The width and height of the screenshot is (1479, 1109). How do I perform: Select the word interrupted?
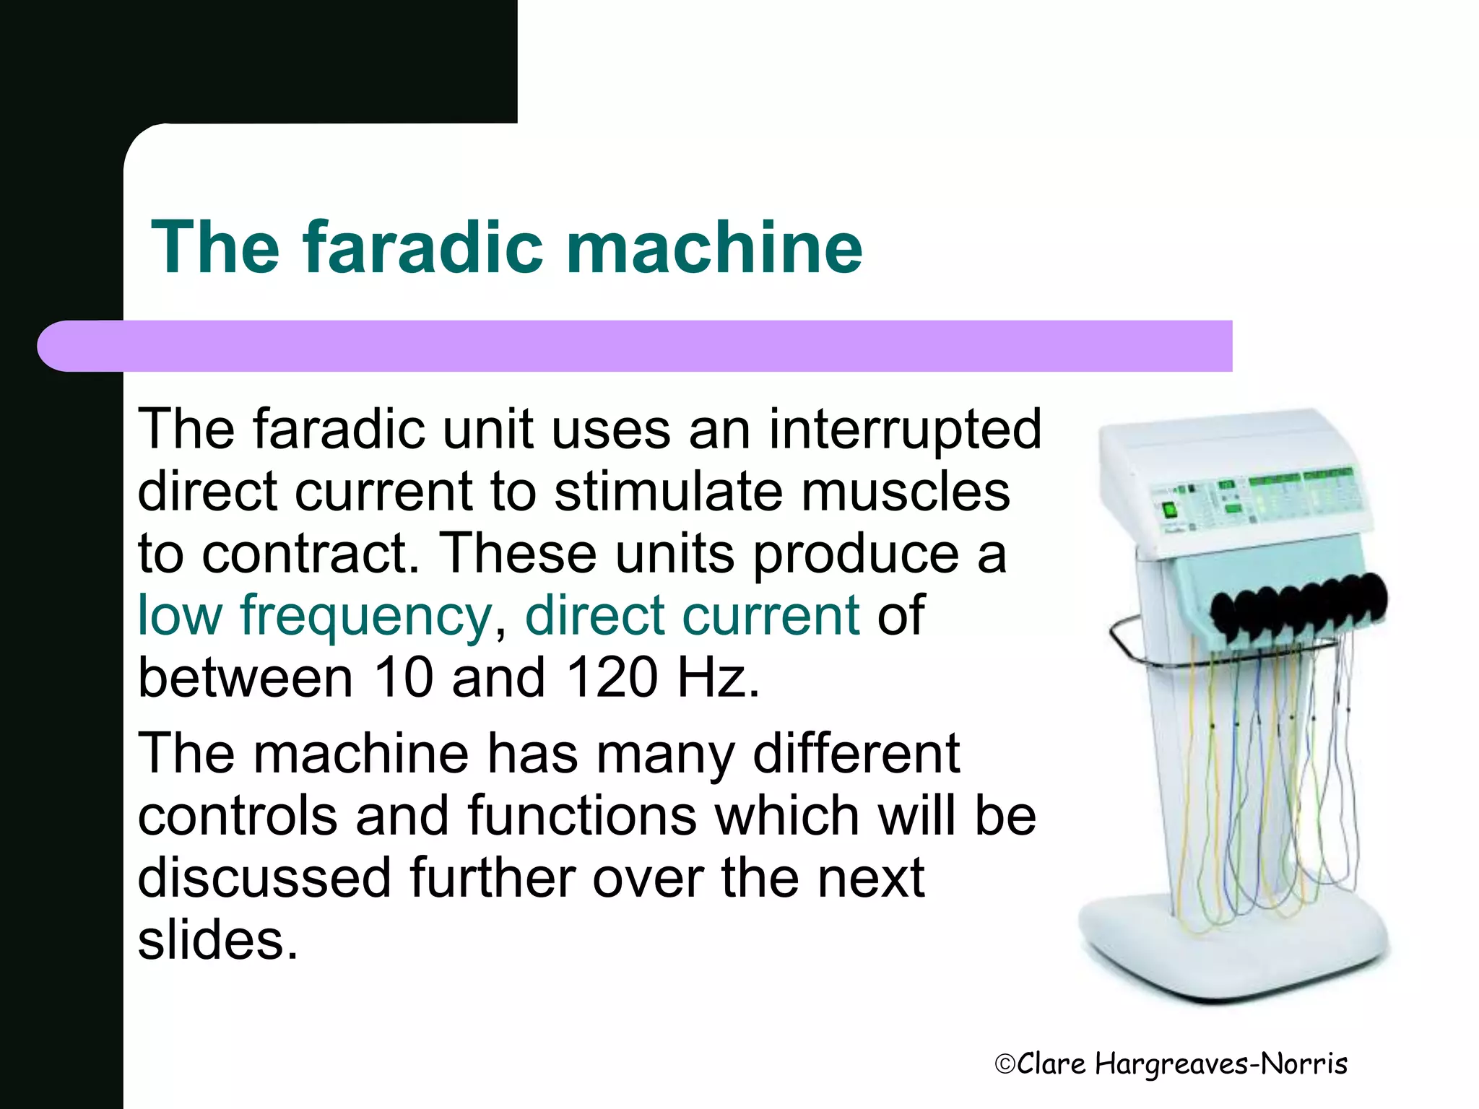pyautogui.click(x=905, y=429)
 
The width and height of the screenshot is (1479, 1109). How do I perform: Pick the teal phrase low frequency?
pyautogui.click(x=315, y=616)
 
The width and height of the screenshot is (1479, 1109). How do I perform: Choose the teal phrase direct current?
pyautogui.click(x=693, y=616)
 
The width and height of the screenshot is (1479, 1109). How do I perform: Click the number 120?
pyautogui.click(x=612, y=678)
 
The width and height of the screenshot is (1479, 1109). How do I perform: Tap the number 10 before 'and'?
pyautogui.click(x=404, y=678)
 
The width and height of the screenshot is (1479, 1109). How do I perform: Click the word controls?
pyautogui.click(x=238, y=816)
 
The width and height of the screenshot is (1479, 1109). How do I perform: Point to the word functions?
pyautogui.click(x=582, y=816)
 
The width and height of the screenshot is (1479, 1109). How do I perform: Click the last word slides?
pyautogui.click(x=217, y=940)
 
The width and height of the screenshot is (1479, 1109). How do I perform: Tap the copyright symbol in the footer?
pyautogui.click(x=1005, y=1064)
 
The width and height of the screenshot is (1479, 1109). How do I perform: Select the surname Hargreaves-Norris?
pyautogui.click(x=1220, y=1064)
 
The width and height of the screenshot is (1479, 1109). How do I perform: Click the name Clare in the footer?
pyautogui.click(x=1051, y=1064)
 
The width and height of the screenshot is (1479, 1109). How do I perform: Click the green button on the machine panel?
pyautogui.click(x=1169, y=511)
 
